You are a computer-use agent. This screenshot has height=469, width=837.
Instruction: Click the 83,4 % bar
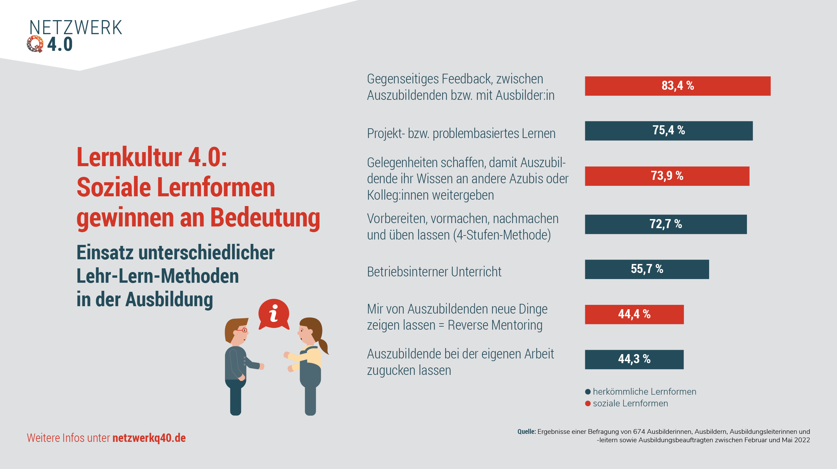click(677, 86)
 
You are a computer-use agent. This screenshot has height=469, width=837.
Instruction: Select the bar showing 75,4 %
click(669, 131)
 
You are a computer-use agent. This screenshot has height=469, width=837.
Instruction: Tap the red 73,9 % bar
click(667, 176)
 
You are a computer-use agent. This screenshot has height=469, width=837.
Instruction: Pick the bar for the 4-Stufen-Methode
click(666, 224)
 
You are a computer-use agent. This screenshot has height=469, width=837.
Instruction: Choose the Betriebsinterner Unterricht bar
click(647, 269)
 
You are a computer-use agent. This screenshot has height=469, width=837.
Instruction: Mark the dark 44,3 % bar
click(634, 359)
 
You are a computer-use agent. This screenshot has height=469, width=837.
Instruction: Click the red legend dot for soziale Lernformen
click(588, 403)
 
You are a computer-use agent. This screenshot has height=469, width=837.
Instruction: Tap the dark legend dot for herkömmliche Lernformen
click(588, 392)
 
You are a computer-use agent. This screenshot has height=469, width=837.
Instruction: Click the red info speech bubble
click(274, 314)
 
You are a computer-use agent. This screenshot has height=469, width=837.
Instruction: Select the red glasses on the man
click(242, 330)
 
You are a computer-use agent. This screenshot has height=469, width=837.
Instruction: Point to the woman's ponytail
click(323, 346)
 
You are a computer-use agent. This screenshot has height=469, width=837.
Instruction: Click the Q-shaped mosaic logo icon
click(35, 44)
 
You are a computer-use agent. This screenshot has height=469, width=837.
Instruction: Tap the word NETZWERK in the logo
click(76, 27)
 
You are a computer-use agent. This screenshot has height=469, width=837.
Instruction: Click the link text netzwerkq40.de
click(149, 438)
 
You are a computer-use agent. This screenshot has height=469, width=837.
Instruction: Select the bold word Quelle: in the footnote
click(527, 431)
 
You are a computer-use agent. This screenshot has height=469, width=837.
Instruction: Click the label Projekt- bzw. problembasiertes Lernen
click(461, 134)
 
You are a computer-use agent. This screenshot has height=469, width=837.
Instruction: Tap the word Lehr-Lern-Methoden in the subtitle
click(158, 276)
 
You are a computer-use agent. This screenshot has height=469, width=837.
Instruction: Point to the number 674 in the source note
click(639, 431)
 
